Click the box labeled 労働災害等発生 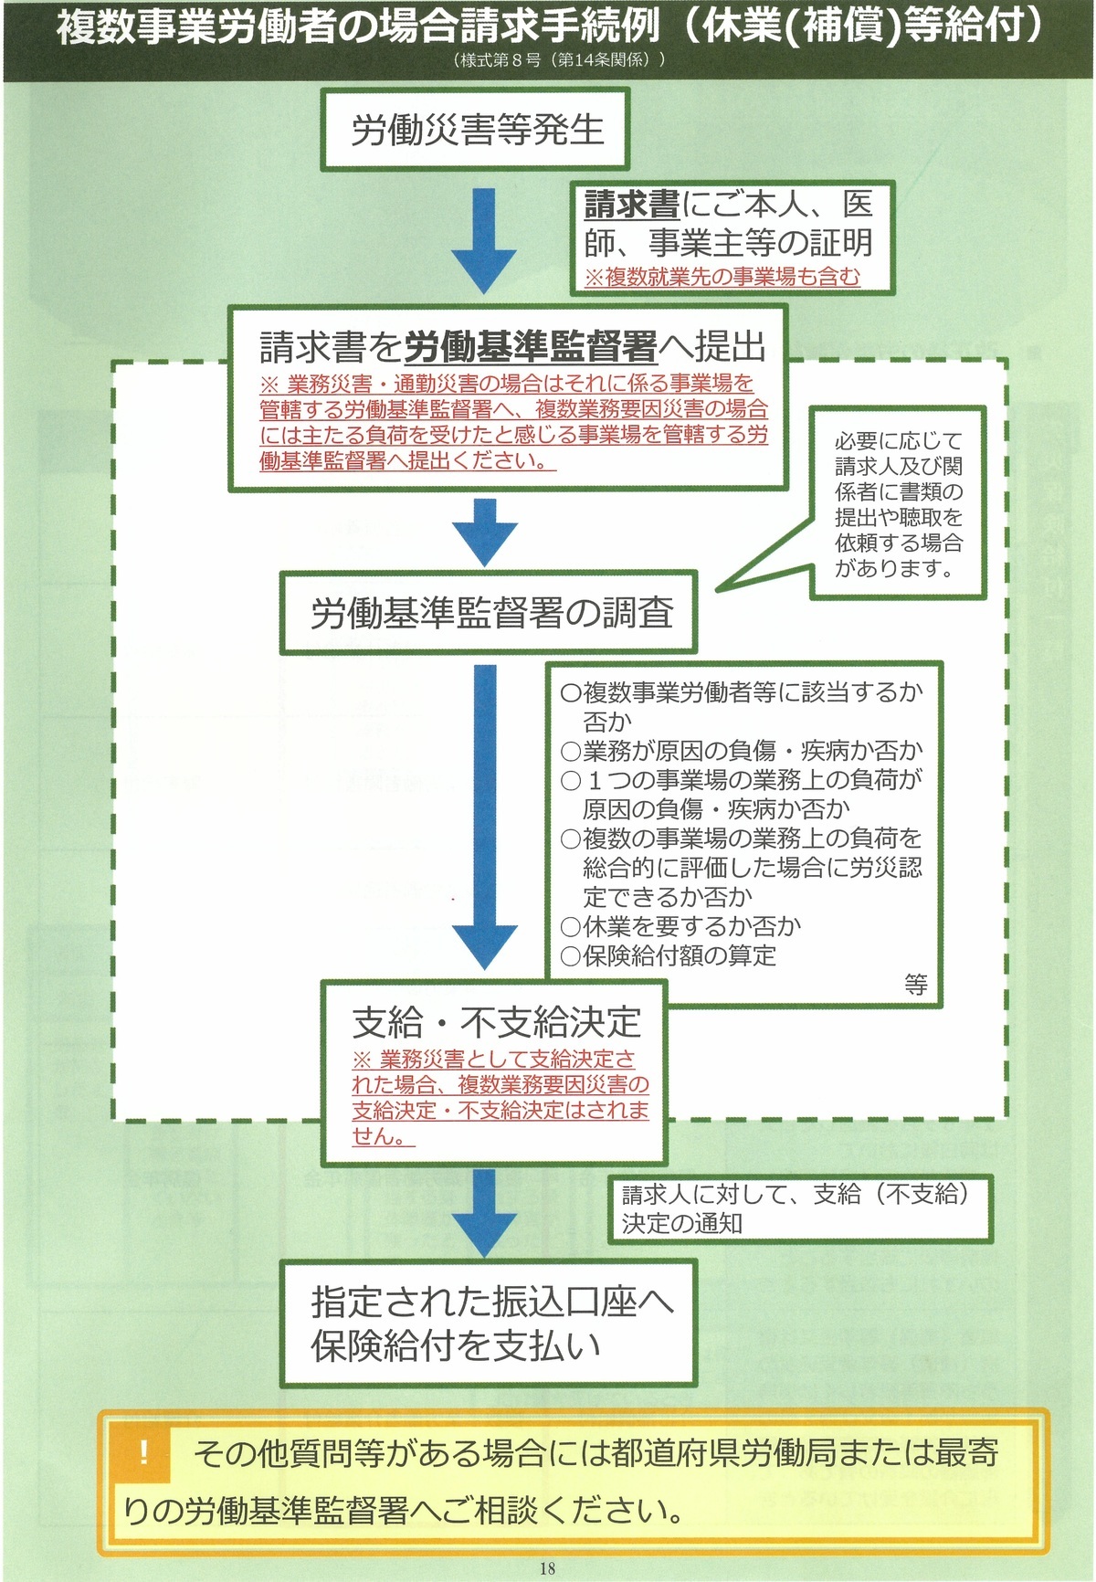click(475, 129)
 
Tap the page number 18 click(547, 1568)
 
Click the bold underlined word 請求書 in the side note click(632, 204)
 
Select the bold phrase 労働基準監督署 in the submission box click(531, 346)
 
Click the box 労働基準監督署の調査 click(489, 612)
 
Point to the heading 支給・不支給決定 click(497, 1022)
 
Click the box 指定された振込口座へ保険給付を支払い click(489, 1324)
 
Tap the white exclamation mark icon click(143, 1451)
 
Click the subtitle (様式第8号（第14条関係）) click(558, 59)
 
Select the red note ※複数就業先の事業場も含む click(722, 276)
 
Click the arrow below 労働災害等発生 click(483, 241)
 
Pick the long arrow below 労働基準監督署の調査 click(485, 817)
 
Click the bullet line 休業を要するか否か click(681, 926)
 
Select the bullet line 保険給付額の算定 click(669, 955)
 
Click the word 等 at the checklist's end click(916, 984)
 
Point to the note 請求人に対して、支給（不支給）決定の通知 click(800, 1208)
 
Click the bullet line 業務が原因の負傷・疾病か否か click(742, 751)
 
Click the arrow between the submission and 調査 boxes click(485, 532)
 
